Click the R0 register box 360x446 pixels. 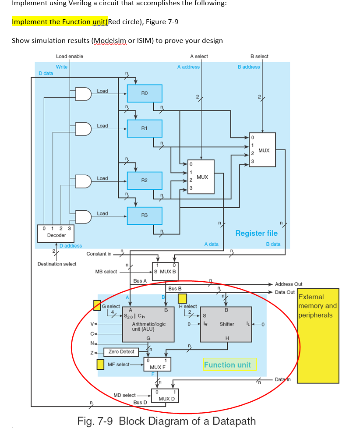[145, 93]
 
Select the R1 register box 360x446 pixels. [145, 128]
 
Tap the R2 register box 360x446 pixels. [145, 181]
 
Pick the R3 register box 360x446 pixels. [145, 215]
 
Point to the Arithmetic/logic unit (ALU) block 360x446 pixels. [149, 324]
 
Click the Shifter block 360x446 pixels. [226, 324]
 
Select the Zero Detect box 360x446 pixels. [121, 352]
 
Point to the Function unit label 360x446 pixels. [227, 365]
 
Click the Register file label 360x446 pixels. [256, 233]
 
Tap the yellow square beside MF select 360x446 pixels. [100, 364]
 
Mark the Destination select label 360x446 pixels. [57, 264]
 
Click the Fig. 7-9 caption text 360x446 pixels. [166, 421]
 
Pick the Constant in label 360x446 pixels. [99, 254]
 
